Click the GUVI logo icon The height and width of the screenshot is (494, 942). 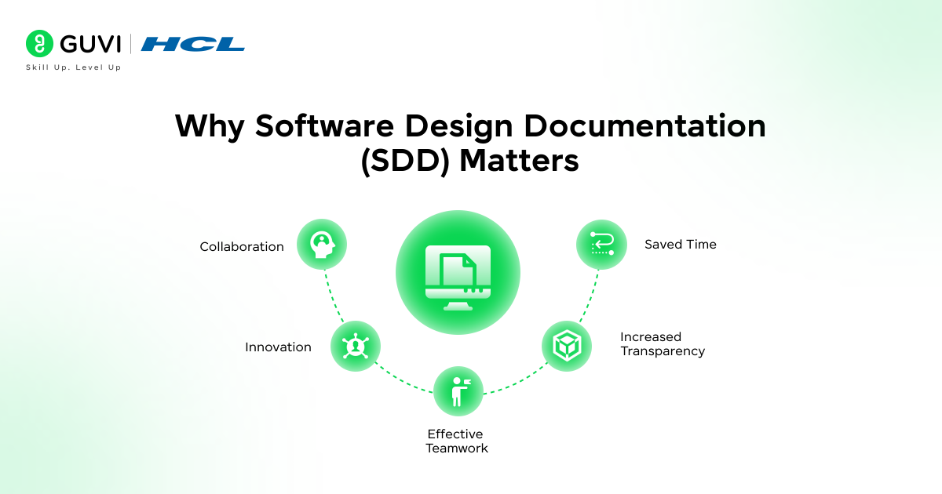[x=39, y=44]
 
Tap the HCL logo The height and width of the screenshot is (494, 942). [x=193, y=44]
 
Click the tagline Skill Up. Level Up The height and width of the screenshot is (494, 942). [x=74, y=68]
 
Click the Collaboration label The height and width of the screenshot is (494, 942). [x=242, y=247]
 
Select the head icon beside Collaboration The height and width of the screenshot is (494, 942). [x=322, y=245]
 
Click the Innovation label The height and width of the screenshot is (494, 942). [x=278, y=347]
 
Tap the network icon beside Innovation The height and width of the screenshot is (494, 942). [x=356, y=346]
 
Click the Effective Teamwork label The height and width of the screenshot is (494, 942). [x=456, y=441]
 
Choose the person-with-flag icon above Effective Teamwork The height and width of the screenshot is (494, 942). [x=458, y=391]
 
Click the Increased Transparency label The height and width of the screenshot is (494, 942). [x=662, y=344]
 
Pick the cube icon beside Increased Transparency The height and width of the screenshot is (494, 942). [x=567, y=346]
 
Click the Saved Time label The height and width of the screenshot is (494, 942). [x=680, y=245]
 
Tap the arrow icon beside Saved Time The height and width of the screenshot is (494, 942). [x=601, y=245]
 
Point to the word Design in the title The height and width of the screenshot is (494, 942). [x=458, y=126]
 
